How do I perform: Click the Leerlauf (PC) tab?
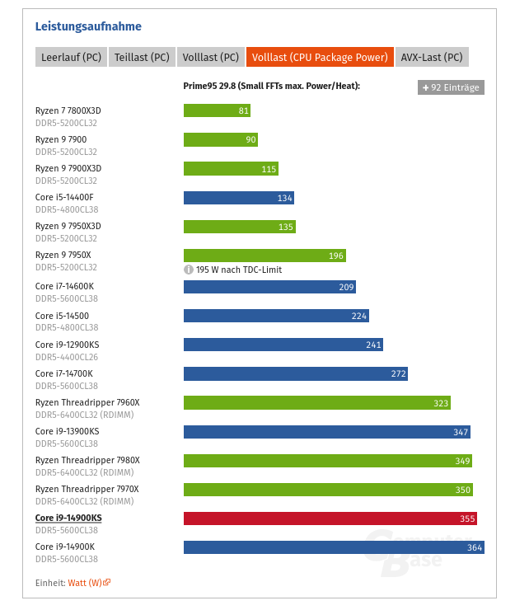pyautogui.click(x=70, y=57)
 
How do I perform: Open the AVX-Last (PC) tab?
pyautogui.click(x=432, y=57)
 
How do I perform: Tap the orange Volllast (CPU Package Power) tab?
pyautogui.click(x=320, y=57)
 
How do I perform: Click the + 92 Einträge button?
pyautogui.click(x=451, y=87)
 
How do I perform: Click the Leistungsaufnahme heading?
pyautogui.click(x=88, y=26)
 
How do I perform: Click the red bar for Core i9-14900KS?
pyautogui.click(x=330, y=518)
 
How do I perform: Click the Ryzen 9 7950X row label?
pyautogui.click(x=63, y=255)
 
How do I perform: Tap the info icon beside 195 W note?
pyautogui.click(x=188, y=270)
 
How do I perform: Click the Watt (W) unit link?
pyautogui.click(x=85, y=582)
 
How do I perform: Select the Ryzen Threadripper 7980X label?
pyautogui.click(x=87, y=460)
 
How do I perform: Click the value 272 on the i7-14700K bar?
pyautogui.click(x=398, y=373)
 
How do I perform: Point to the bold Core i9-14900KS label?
pyautogui.click(x=68, y=518)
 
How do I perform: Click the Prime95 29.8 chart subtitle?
pyautogui.click(x=271, y=86)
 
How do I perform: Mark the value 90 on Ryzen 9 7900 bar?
pyautogui.click(x=250, y=140)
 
